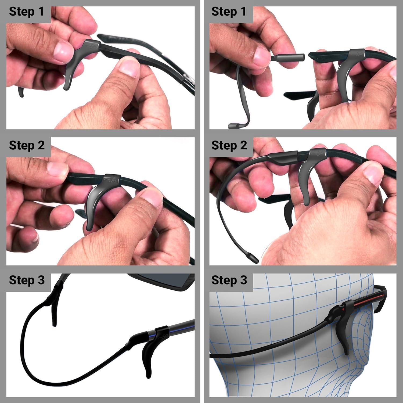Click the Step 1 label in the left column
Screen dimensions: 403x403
click(26, 12)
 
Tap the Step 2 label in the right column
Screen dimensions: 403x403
click(229, 145)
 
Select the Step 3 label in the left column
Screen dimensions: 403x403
click(27, 280)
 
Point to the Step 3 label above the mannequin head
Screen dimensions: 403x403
click(229, 280)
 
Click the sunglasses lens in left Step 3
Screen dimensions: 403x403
click(161, 282)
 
